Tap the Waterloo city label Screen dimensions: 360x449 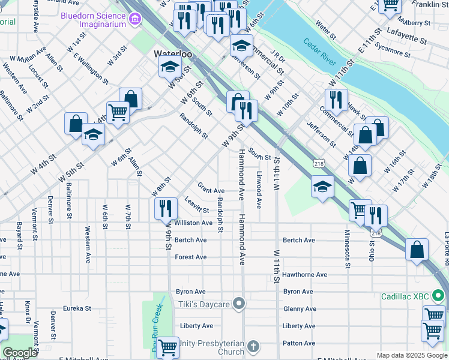coord(172,53)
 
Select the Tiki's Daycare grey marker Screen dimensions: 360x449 coord(239,304)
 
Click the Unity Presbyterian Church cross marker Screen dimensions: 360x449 coord(253,347)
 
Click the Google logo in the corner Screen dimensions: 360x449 coord(20,353)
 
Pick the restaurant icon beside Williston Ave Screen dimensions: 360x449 coord(166,208)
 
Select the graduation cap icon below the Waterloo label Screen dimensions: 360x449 coord(170,67)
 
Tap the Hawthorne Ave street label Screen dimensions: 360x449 coord(305,275)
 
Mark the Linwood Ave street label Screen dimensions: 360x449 coord(259,190)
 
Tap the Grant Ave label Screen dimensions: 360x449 coord(211,190)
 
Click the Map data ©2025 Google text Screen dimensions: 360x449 coord(412,355)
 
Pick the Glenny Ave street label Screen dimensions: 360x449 coord(298,309)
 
